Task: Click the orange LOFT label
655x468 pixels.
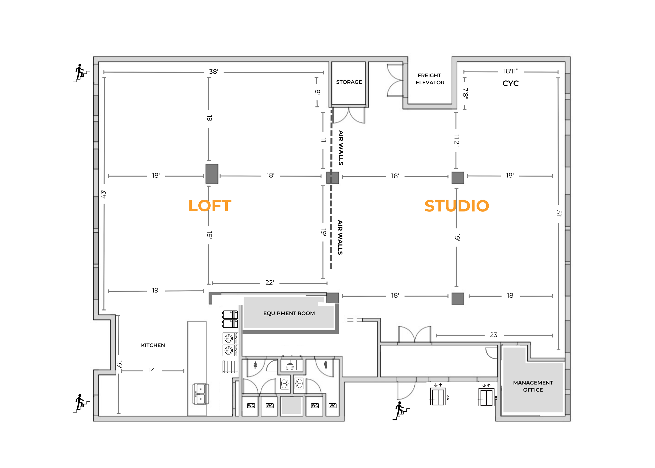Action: coord(210,206)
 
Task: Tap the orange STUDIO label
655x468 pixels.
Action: coord(456,206)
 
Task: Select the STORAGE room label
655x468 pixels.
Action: coord(349,82)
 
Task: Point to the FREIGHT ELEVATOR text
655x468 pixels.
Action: coord(430,79)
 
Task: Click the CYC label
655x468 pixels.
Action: coord(510,84)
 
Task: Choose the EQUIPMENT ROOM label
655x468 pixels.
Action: coord(289,313)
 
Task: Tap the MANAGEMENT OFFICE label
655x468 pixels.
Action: coord(533,386)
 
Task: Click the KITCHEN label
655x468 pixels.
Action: coord(153,345)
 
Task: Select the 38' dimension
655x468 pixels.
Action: coord(214,72)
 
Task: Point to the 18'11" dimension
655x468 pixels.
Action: coord(511,71)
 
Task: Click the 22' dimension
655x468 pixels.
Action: coord(269,283)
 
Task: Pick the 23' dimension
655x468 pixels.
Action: coord(494,335)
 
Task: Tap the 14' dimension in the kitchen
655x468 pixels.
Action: coord(152,370)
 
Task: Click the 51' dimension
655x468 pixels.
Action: coord(559,214)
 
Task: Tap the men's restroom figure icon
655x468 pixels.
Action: coord(326,365)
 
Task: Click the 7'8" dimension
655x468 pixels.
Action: coord(465,93)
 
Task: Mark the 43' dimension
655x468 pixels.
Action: coord(103,194)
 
